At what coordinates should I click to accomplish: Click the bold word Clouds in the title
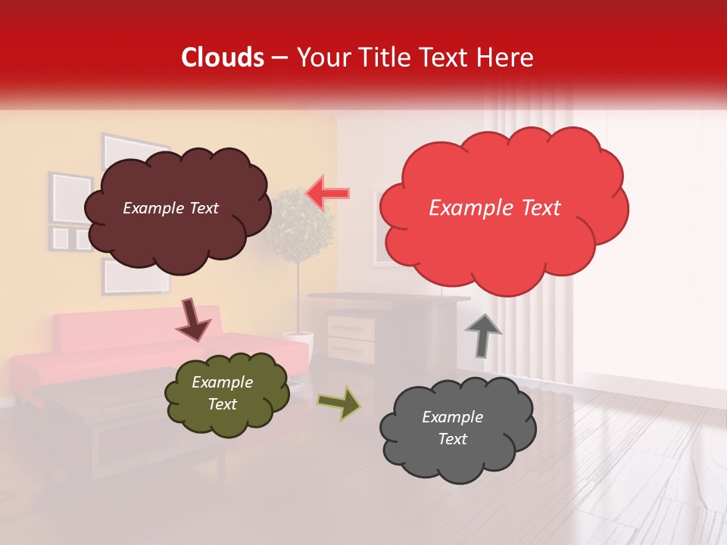(x=222, y=58)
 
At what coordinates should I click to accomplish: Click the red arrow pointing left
(x=328, y=193)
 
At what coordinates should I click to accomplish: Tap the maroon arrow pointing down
(x=193, y=320)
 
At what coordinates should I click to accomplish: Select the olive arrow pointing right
(x=339, y=403)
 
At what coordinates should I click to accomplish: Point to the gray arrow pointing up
(x=483, y=335)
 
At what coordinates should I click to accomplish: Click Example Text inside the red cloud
(x=495, y=208)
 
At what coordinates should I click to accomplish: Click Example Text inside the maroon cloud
(x=170, y=208)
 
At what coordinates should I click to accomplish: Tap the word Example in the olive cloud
(x=222, y=382)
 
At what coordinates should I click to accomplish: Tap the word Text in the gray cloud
(x=452, y=439)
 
